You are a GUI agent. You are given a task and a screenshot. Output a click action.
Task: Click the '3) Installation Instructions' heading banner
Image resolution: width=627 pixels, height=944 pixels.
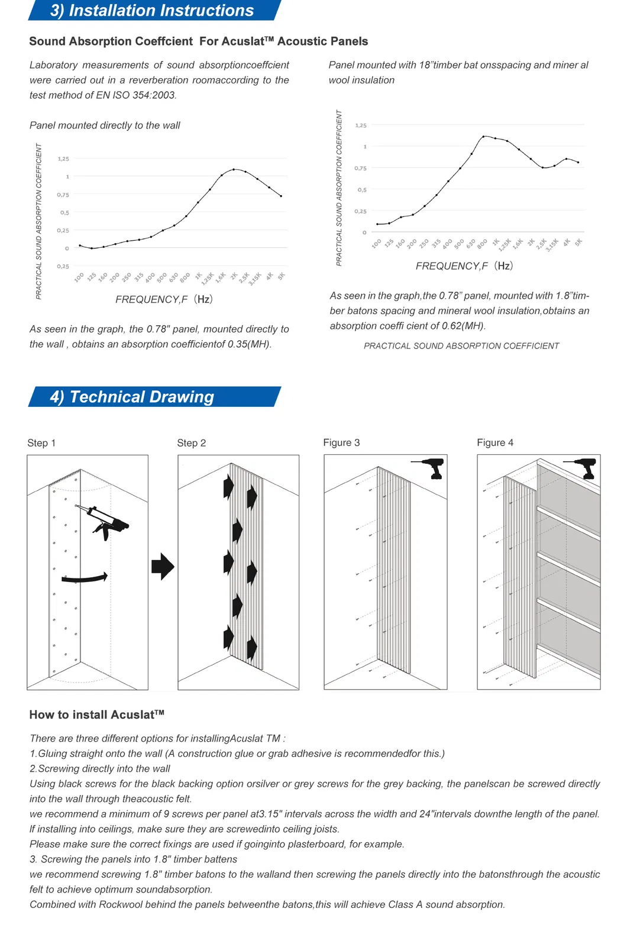tap(152, 11)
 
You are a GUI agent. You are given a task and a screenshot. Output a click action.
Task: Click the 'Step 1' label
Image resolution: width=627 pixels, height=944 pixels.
tap(41, 443)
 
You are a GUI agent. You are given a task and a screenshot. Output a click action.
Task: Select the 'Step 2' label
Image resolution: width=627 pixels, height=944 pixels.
tap(192, 443)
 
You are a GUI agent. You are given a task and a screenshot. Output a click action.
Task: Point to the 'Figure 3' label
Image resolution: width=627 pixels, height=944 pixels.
tap(341, 442)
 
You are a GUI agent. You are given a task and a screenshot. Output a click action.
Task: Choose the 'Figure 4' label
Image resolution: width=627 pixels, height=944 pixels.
tap(495, 442)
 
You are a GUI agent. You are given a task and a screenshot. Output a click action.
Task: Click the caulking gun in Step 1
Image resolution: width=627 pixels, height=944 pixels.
tap(104, 520)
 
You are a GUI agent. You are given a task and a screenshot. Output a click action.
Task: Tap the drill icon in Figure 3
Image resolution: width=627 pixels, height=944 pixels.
tap(430, 468)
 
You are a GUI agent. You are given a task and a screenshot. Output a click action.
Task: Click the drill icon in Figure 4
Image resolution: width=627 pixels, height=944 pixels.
tap(583, 468)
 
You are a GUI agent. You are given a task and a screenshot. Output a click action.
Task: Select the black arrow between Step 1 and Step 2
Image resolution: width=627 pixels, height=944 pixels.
tap(163, 567)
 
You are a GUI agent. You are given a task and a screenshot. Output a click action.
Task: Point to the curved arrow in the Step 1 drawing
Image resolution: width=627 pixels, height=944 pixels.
tap(85, 578)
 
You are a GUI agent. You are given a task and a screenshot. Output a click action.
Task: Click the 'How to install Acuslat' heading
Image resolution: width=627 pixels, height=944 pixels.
tap(97, 715)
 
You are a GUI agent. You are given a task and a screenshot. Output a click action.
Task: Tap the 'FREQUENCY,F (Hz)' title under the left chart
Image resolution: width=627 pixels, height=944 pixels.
tap(164, 299)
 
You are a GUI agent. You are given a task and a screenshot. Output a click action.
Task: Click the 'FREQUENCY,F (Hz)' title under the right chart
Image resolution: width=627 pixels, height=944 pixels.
tap(464, 266)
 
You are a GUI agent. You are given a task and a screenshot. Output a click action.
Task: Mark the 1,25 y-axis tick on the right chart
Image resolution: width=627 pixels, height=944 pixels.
tap(361, 125)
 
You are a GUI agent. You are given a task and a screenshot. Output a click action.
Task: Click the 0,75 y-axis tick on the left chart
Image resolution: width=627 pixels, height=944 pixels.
tap(63, 195)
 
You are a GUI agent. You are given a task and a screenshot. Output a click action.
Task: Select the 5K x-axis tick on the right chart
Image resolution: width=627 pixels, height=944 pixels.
tap(578, 243)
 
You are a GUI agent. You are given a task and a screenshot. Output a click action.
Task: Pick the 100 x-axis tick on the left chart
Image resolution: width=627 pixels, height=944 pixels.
tap(79, 277)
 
